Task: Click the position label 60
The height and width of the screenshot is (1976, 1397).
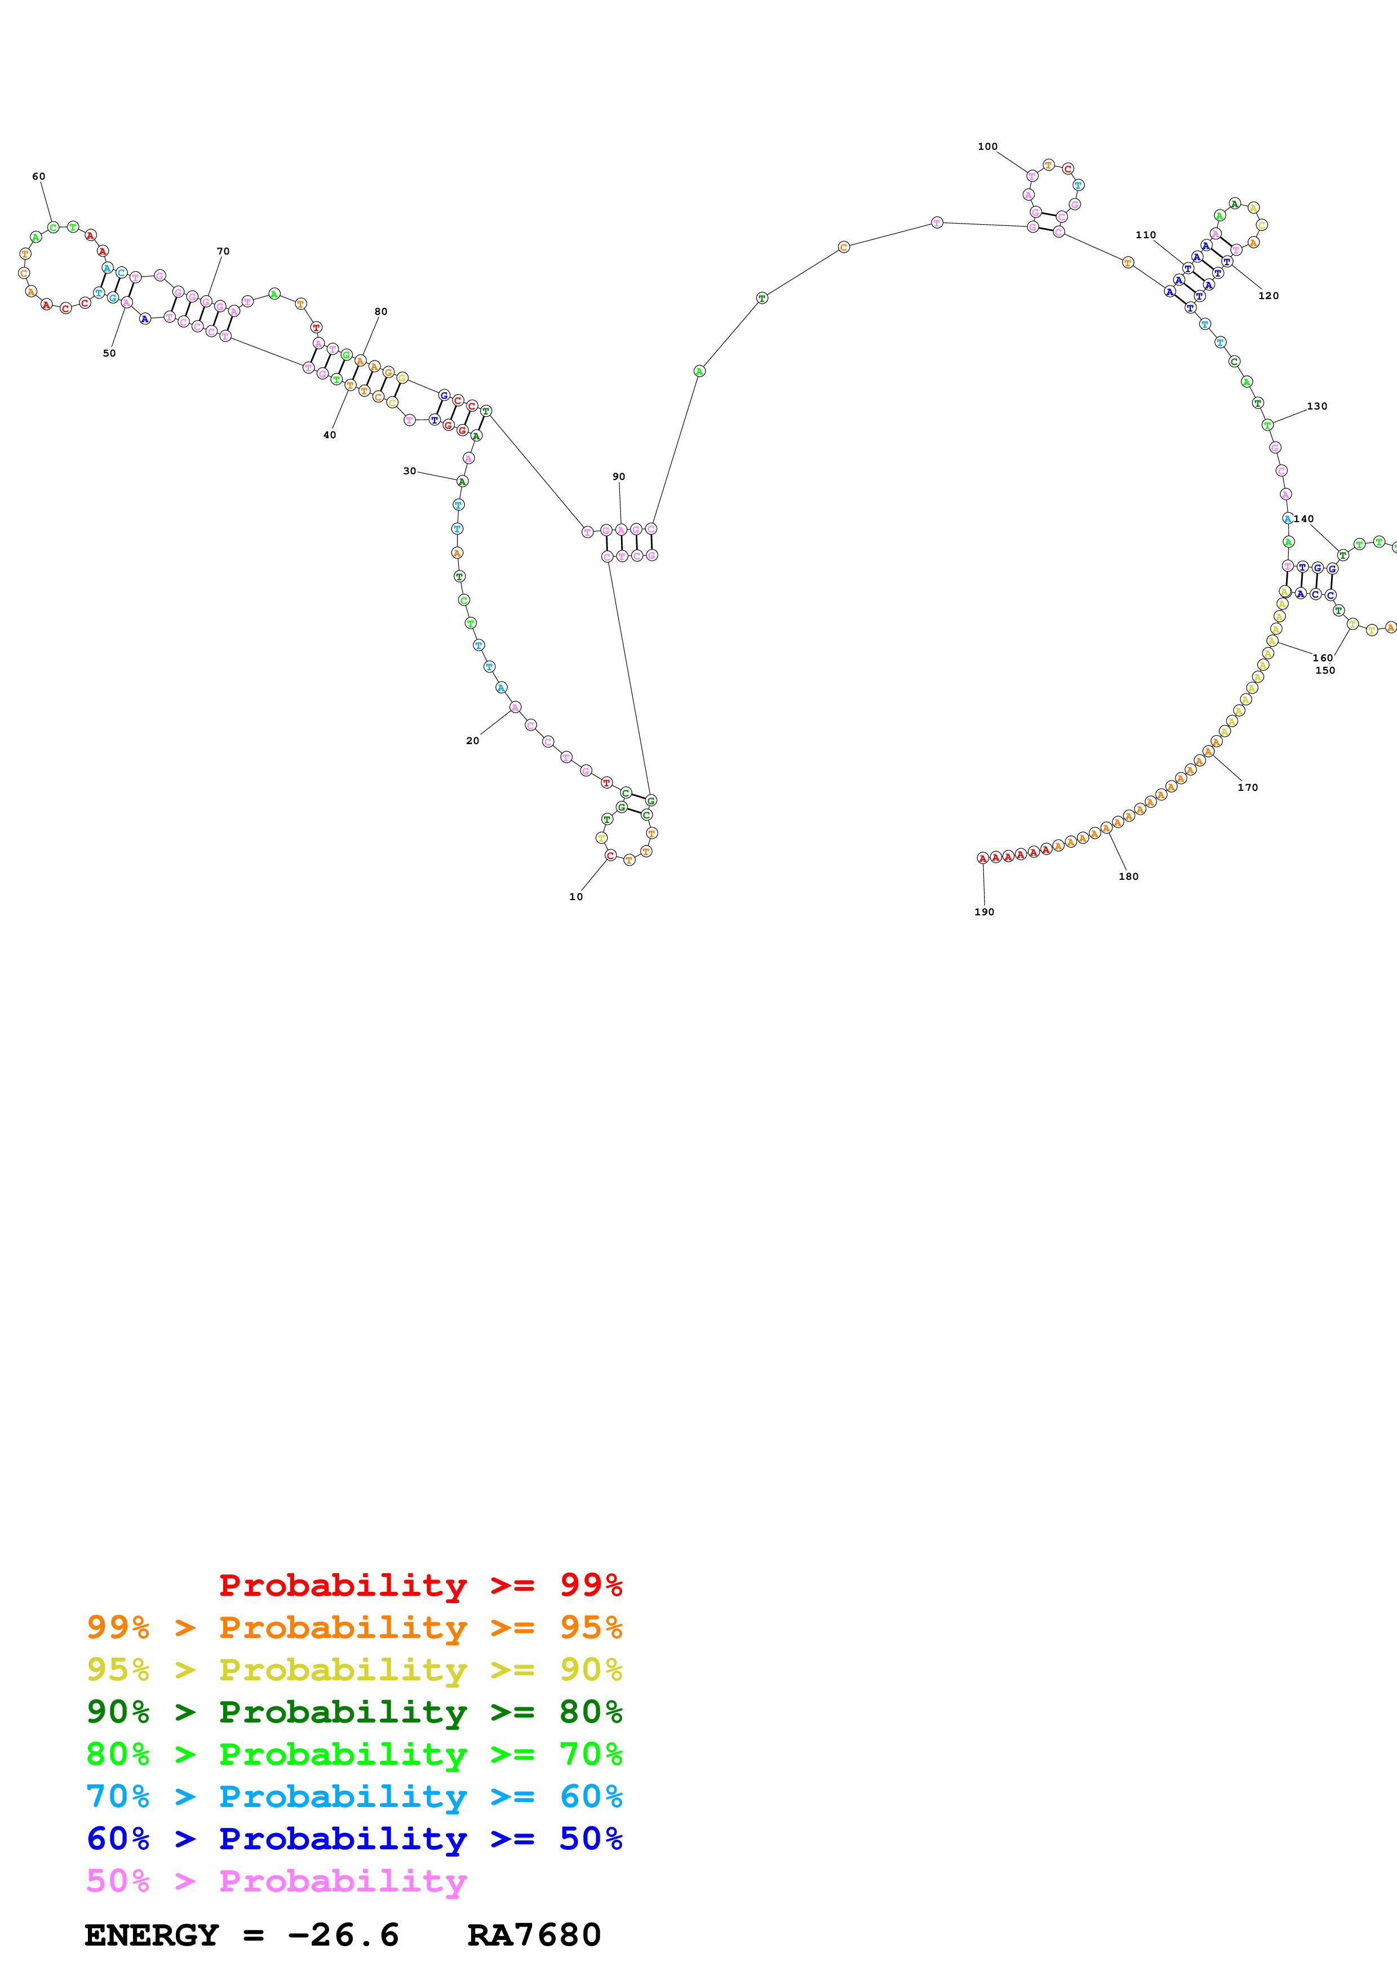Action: pos(39,176)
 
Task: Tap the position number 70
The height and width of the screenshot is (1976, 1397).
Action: pos(223,251)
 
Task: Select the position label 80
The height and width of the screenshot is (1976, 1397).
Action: pos(380,311)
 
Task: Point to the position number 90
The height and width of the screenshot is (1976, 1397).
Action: pos(619,476)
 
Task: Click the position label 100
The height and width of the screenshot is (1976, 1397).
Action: pos(987,146)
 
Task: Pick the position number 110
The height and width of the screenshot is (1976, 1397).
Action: pos(1146,235)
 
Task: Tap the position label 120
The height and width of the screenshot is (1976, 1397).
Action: pos(1269,296)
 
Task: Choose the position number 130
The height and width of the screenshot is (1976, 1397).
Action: pos(1317,406)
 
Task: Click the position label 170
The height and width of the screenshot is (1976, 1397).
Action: pos(1248,787)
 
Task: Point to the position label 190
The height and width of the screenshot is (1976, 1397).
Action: pos(984,913)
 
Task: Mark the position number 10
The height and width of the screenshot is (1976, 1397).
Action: pos(576,897)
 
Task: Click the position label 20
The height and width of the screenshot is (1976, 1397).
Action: pos(473,741)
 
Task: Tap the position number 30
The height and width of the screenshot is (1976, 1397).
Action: pos(410,471)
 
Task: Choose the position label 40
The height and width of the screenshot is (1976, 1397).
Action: pos(330,435)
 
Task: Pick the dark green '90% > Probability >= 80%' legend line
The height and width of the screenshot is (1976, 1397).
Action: pos(354,1712)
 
